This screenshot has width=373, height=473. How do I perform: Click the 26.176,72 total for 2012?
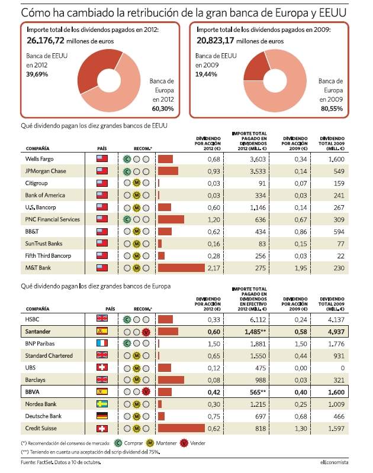click(x=46, y=40)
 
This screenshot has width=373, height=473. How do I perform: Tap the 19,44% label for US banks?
click(x=206, y=74)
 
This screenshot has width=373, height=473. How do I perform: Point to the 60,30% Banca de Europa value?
click(x=163, y=109)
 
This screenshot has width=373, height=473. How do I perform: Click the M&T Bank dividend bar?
click(x=181, y=268)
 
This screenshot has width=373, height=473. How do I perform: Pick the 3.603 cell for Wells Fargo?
click(x=258, y=159)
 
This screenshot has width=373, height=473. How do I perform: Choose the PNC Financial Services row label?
click(x=52, y=219)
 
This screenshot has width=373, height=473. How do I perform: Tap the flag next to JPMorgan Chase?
click(x=102, y=171)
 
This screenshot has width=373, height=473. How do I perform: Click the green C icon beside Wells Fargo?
click(x=127, y=159)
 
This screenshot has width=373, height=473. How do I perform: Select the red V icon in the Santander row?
click(x=146, y=332)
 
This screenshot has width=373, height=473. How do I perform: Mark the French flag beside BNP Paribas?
click(x=102, y=344)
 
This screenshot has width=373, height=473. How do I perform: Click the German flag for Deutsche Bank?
click(x=102, y=416)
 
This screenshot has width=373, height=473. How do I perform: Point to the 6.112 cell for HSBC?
click(x=258, y=319)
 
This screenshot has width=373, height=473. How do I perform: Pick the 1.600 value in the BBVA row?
click(x=336, y=392)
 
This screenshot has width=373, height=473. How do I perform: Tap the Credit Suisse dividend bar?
click(x=181, y=428)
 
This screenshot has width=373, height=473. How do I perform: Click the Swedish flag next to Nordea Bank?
click(x=102, y=404)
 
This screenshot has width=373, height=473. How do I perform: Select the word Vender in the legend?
click(x=198, y=443)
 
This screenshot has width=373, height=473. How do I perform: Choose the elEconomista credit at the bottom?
click(x=334, y=462)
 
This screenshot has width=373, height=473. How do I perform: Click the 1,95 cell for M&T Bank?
click(x=301, y=268)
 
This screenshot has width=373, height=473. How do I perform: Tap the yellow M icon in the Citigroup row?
click(x=137, y=183)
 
